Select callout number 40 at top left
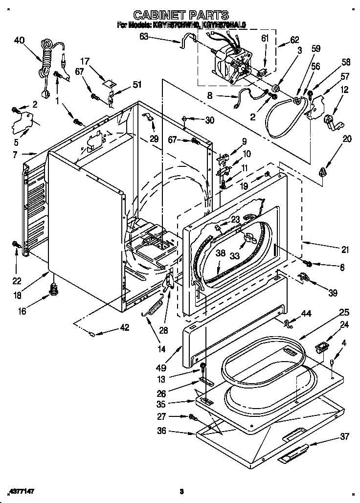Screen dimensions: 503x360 19,41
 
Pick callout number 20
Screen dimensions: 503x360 347,139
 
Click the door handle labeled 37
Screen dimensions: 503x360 292,454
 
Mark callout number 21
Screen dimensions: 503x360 345,250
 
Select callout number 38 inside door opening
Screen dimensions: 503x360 220,253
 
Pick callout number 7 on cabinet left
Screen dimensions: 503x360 15,155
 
